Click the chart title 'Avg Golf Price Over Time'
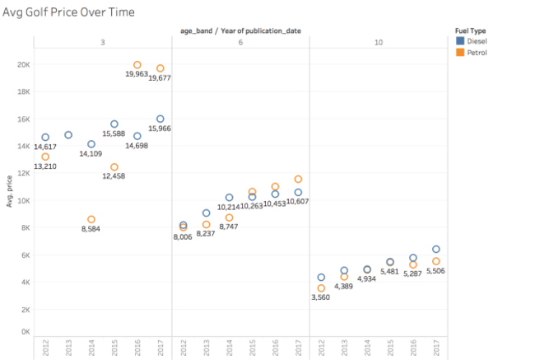tap(69, 12)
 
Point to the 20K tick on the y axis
tap(25, 64)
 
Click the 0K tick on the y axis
tap(26, 331)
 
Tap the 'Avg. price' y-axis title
tap(9, 190)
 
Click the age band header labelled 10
tap(378, 41)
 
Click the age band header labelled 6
tap(240, 41)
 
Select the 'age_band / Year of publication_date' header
tap(240, 30)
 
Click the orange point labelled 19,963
tap(137, 65)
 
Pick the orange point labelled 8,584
tap(91, 219)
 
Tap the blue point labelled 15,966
tap(160, 119)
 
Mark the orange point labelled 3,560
tap(322, 288)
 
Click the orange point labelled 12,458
tap(114, 167)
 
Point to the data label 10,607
tap(297, 202)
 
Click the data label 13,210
tap(44, 166)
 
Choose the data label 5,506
tap(435, 271)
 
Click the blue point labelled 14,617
tap(45, 137)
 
